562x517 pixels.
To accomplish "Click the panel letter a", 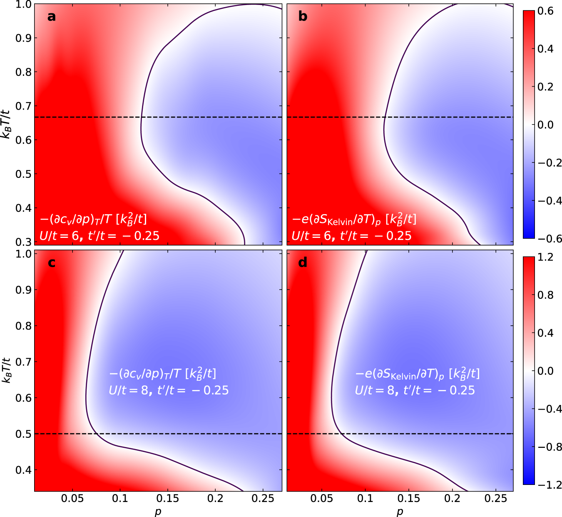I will [51, 17].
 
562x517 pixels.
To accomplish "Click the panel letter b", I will [303, 17].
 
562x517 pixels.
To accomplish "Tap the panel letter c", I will [52, 263].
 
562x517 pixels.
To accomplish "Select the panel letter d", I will [303, 263].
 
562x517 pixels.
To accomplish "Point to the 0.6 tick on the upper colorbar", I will [545, 11].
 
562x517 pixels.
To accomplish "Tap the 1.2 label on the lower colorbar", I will [545, 257].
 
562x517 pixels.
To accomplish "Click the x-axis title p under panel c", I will [158, 512].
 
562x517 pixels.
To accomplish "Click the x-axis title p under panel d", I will [400, 512].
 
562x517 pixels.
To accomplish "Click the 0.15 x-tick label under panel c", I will [168, 499].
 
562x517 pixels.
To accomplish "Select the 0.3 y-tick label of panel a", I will [24, 242].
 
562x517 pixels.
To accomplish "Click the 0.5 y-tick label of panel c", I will [24, 434].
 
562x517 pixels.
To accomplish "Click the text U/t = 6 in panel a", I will [59, 236].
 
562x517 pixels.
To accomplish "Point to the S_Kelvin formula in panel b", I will [354, 219].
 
